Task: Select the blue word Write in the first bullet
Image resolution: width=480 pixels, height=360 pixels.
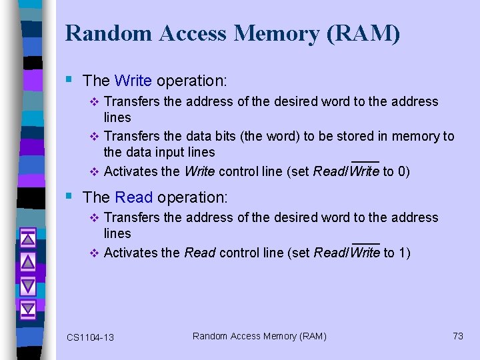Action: point(133,81)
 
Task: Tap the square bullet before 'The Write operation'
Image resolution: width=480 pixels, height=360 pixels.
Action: point(70,79)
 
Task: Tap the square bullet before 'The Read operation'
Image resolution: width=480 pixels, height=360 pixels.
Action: point(70,196)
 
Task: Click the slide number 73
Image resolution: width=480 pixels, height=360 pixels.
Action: point(457,336)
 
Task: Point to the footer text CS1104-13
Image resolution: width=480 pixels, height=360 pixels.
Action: point(90,337)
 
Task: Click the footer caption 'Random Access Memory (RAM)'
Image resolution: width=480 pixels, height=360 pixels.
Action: point(259,336)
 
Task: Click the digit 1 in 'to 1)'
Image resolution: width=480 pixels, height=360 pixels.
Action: point(402,253)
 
